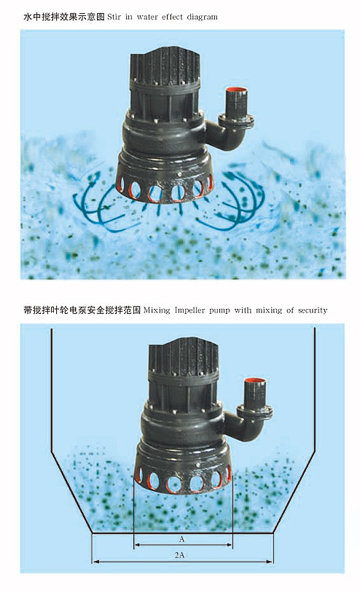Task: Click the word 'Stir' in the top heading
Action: (114, 17)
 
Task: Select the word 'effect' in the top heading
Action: (173, 17)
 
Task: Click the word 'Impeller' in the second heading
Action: (189, 310)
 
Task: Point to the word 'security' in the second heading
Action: (313, 310)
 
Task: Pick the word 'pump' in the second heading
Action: (219, 311)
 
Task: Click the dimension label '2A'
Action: (179, 555)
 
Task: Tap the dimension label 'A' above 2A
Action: (181, 539)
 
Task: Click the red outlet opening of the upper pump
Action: (236, 91)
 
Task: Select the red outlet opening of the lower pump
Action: (254, 381)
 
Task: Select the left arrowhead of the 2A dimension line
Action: (95, 562)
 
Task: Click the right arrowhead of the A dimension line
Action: (229, 545)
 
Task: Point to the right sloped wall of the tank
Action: (294, 493)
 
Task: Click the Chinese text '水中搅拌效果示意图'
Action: (64, 17)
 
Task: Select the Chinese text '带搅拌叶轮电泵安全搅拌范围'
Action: (82, 310)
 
